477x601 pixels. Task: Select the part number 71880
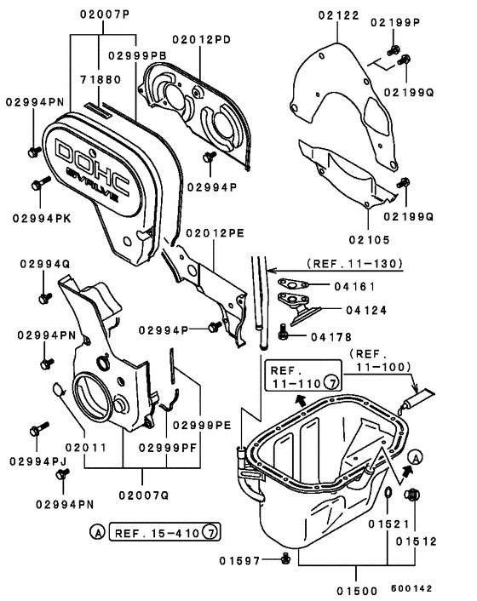(101, 77)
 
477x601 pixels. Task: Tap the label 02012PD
(201, 38)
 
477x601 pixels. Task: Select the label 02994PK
(41, 218)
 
